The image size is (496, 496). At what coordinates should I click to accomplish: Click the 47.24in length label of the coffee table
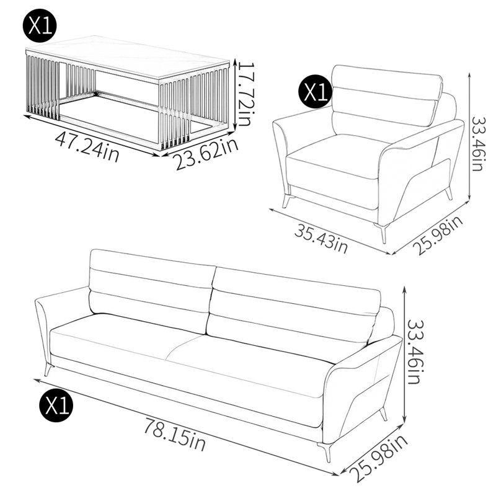point(87,146)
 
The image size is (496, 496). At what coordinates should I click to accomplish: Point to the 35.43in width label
point(321,238)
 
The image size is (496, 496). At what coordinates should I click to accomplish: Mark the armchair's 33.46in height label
point(477,144)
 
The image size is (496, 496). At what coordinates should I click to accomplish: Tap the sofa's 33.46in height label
point(414,352)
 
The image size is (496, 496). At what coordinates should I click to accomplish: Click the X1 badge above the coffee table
point(40,25)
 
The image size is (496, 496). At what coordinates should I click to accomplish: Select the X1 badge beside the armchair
point(315,92)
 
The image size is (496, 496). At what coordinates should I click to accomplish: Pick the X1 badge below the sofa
point(56,405)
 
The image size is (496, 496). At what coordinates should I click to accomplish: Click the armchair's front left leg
point(288,201)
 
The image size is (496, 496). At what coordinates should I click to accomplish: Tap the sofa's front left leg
point(48,370)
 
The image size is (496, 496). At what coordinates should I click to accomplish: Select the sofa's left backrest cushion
point(151,291)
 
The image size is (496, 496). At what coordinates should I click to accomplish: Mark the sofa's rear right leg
point(384,414)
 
